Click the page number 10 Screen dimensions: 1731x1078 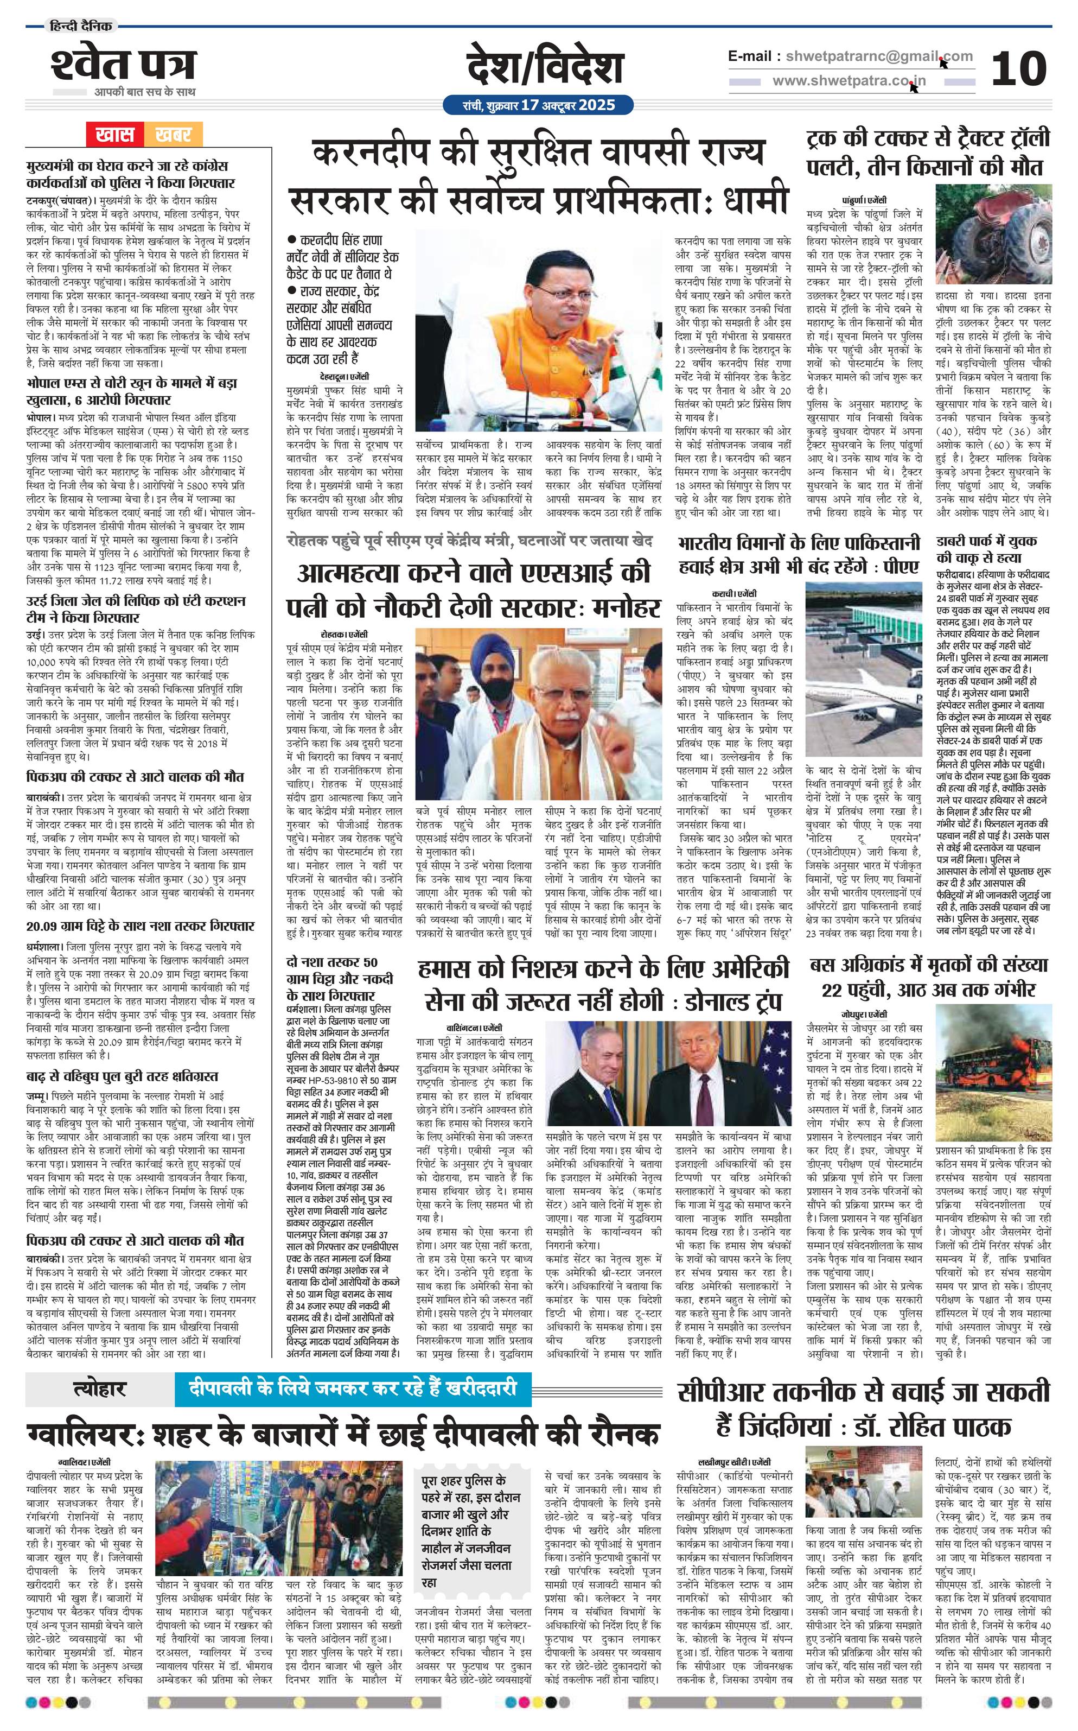[x=1018, y=68]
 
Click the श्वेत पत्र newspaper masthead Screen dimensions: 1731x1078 [x=123, y=66]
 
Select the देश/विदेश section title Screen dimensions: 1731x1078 [x=545, y=68]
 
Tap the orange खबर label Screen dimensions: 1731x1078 [x=173, y=134]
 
